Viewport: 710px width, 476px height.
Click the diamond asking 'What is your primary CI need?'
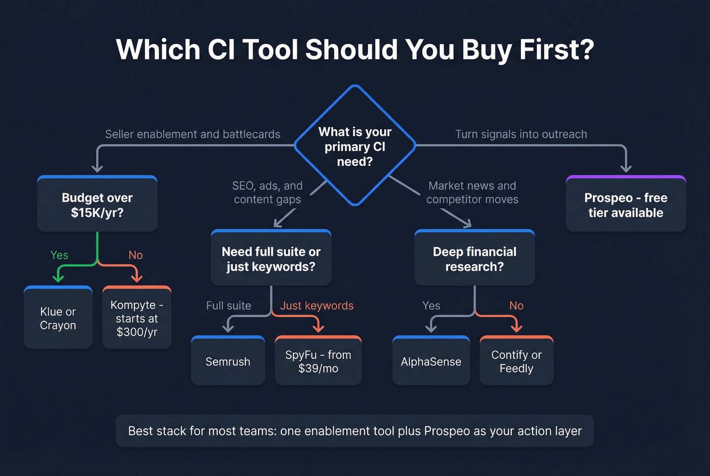tap(355, 146)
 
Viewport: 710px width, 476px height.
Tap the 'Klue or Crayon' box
tap(58, 318)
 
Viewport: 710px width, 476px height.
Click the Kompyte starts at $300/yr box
tap(137, 318)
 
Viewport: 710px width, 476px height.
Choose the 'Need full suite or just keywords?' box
tap(271, 259)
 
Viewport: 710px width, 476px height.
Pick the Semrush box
tap(228, 361)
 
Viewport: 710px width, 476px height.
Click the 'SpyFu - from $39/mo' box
tap(318, 361)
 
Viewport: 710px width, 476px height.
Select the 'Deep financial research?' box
tap(475, 259)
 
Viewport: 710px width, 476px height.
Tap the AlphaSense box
tap(431, 361)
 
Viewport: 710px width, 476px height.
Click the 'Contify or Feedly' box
tap(516, 361)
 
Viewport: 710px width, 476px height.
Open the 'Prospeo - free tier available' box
tap(626, 205)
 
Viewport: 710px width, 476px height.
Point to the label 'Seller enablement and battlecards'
tap(193, 134)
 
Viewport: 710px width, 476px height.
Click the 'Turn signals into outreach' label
tap(521, 134)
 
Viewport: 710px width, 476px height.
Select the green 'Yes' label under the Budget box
tap(59, 255)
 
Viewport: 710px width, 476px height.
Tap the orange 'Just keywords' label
tap(317, 306)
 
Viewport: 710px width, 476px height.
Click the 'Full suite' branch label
tap(229, 306)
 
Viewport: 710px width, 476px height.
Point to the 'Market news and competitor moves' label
tap(472, 193)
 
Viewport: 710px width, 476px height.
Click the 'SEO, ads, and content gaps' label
tap(267, 193)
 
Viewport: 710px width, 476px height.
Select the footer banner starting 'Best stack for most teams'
tap(355, 431)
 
